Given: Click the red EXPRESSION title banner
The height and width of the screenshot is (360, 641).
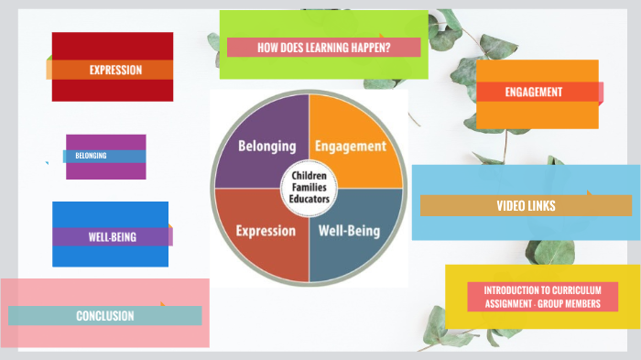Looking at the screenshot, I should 115,70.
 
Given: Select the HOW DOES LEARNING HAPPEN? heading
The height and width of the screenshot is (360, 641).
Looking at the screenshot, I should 323,47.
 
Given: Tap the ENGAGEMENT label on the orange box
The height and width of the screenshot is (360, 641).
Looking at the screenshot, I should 534,92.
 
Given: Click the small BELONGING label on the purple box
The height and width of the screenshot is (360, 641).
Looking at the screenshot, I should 91,156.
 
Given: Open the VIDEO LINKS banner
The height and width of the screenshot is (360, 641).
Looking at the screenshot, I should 526,206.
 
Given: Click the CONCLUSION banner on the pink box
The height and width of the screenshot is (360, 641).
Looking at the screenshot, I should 104,316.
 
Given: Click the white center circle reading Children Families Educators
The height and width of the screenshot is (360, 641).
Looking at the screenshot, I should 309,188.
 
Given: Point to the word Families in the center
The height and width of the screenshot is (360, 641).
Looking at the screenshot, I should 309,188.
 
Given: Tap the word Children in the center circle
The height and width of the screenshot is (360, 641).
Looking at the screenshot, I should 309,175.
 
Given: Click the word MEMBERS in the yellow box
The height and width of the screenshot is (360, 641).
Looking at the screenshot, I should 580,303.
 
